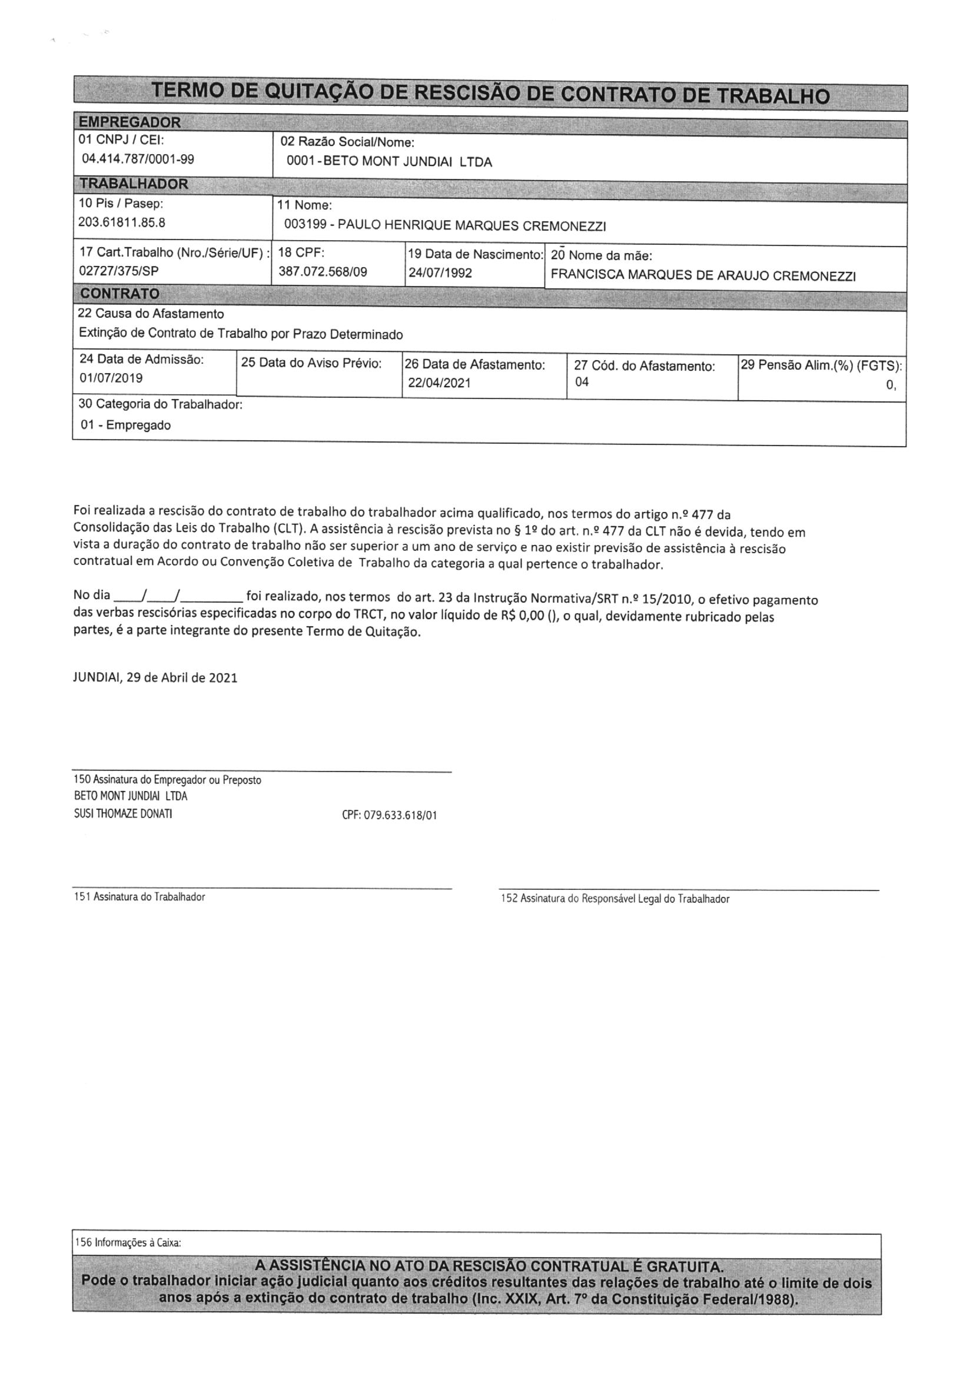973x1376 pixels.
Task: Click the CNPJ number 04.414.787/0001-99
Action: (138, 159)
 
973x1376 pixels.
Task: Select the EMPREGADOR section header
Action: (129, 122)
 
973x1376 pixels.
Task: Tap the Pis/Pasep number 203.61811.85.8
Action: (122, 222)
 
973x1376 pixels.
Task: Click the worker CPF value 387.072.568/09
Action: (323, 272)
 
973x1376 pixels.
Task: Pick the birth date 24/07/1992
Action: (440, 273)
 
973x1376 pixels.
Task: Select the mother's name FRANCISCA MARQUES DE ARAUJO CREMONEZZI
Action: (703, 275)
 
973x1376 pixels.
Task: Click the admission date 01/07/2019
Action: (111, 378)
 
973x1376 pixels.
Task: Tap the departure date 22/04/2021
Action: (440, 383)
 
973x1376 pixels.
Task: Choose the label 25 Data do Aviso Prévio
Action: (311, 363)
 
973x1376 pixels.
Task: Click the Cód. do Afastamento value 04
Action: (582, 382)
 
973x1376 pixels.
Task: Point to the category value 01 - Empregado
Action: (126, 426)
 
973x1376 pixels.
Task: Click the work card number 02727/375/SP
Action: (119, 271)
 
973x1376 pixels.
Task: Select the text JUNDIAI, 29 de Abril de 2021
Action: (155, 678)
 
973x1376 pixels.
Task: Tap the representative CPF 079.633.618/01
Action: (389, 815)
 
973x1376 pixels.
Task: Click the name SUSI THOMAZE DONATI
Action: (123, 813)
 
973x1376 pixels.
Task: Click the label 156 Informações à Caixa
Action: (128, 1243)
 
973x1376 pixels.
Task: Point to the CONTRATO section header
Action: (120, 294)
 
